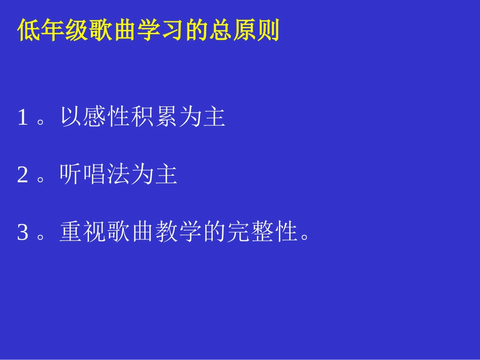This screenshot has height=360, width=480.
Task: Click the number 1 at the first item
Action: pyautogui.click(x=22, y=118)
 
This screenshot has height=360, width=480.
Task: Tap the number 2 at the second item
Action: pyautogui.click(x=22, y=175)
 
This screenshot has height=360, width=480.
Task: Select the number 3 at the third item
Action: pyautogui.click(x=22, y=233)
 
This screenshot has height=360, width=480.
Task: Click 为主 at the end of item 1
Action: pyautogui.click(x=202, y=118)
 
